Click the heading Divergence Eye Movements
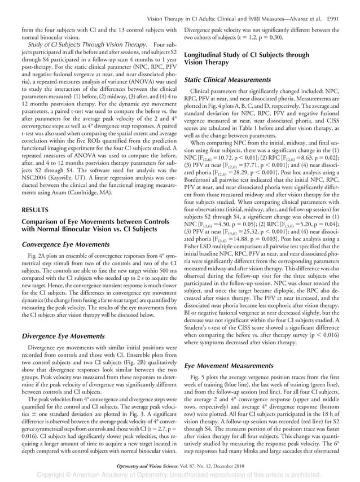coord(59,336)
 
